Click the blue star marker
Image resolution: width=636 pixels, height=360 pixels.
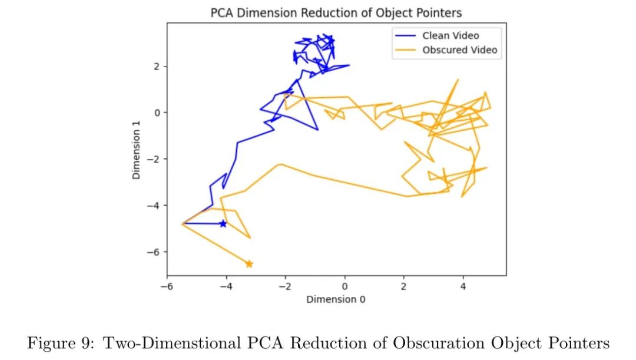223,224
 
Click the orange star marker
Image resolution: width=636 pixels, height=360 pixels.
249,264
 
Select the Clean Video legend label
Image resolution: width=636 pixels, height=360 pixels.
450,35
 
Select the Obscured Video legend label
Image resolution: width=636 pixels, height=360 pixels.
460,50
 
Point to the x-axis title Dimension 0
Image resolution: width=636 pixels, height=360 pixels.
336,299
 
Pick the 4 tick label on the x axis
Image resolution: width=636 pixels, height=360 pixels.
463,287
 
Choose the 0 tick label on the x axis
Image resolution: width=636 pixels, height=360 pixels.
345,287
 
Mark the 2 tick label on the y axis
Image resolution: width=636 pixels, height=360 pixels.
157,67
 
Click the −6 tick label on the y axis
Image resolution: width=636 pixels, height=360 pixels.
154,252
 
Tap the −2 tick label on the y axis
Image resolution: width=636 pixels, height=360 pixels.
154,159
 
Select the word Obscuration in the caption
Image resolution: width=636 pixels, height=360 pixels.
433,343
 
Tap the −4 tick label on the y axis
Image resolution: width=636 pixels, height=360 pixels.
154,206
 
